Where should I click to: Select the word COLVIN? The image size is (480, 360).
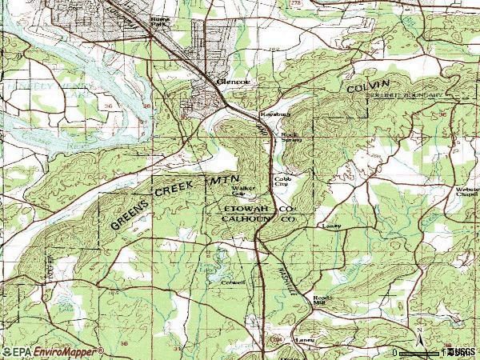(367, 86)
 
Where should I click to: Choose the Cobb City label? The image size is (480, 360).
(282, 181)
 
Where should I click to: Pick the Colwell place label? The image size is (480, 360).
(233, 282)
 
